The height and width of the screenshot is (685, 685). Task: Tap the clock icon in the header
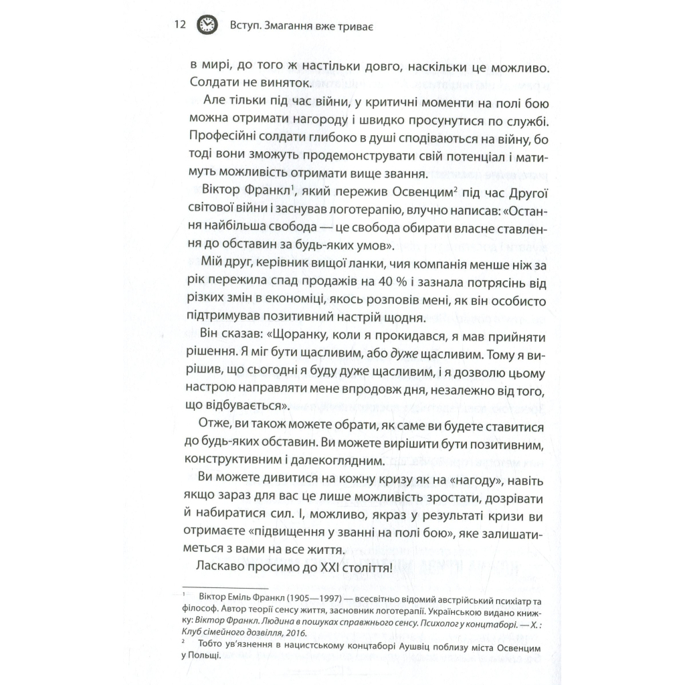[207, 25]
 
